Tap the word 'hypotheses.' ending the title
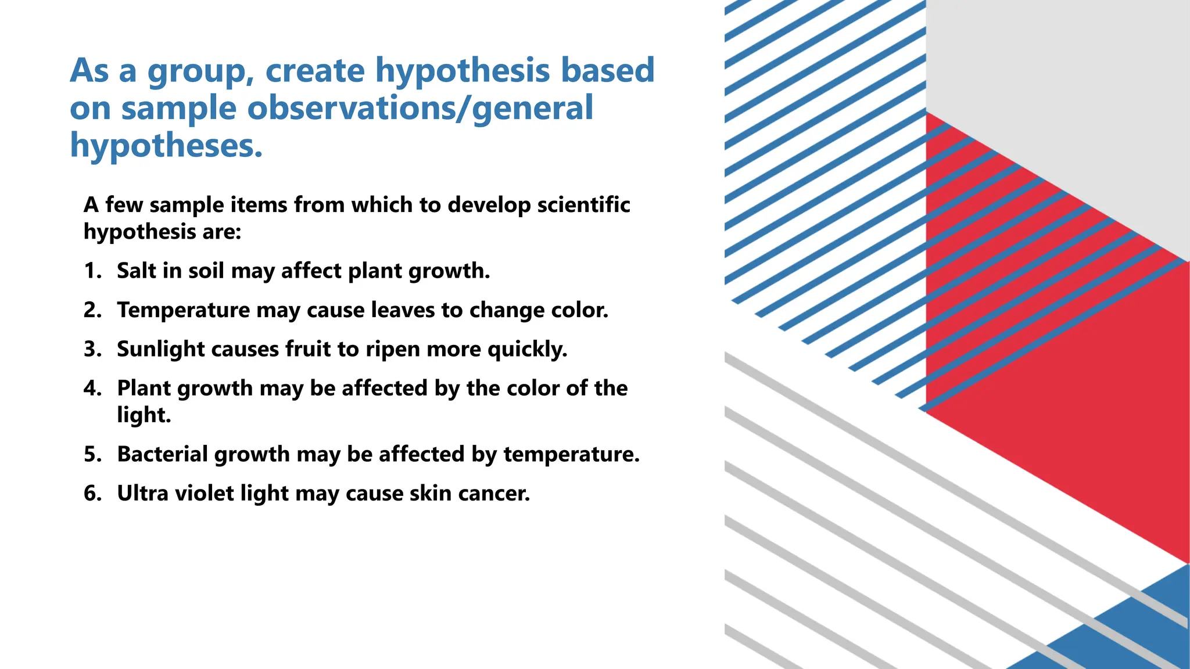166,146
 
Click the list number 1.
92,271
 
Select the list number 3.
92,349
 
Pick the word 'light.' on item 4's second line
144,415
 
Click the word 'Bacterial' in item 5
162,454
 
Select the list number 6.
92,493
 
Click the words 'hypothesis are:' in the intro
162,232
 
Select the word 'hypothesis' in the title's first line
462,72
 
